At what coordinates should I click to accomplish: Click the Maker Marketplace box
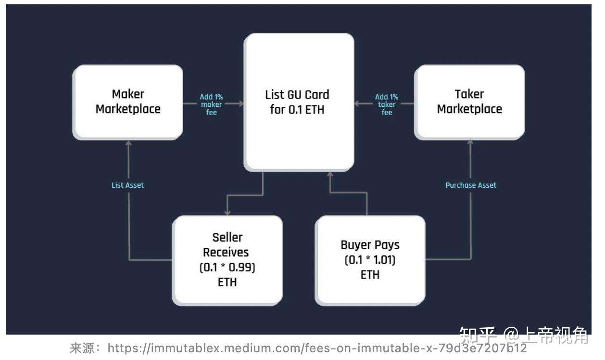coord(127,102)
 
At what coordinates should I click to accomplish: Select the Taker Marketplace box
coord(469,102)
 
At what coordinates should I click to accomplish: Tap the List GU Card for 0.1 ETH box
coord(299,102)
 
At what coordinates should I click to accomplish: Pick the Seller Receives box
coord(227,259)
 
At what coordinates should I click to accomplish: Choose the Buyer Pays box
coord(370,259)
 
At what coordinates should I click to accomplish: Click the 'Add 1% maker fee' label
coord(211,104)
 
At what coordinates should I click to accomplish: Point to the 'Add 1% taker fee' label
coord(387,104)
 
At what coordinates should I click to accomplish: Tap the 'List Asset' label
coord(127,185)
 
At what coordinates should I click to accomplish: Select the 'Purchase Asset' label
coord(470,185)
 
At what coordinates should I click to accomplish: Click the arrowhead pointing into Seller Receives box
coord(227,212)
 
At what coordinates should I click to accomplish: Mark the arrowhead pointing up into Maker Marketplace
coord(128,143)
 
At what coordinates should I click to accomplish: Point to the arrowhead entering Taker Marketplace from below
coord(470,143)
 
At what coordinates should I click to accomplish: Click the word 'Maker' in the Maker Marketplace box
coord(128,94)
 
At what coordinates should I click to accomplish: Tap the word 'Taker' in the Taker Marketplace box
coord(469,94)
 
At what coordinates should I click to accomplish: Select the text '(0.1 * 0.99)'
coord(227,267)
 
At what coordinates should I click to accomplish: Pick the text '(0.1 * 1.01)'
coord(370,260)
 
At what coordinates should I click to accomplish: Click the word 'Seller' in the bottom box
coord(227,237)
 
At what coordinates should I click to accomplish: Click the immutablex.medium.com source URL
coord(317,347)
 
